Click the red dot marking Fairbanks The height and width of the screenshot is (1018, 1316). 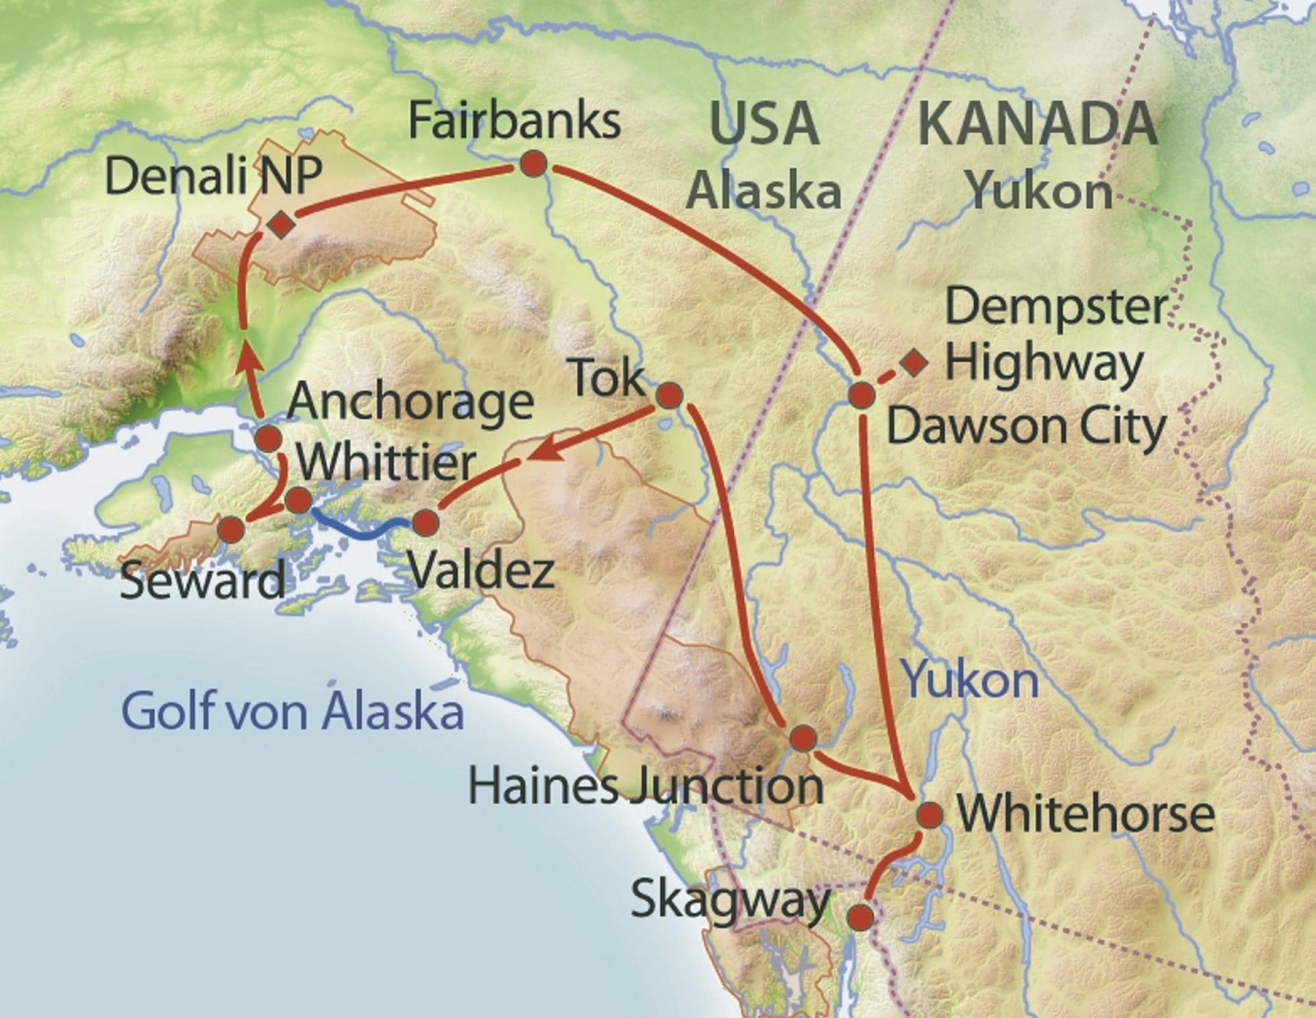533,164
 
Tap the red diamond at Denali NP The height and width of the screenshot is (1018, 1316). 281,224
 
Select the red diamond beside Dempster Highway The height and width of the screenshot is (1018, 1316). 914,362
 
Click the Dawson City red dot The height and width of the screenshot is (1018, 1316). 862,396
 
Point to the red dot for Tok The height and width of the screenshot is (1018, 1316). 669,396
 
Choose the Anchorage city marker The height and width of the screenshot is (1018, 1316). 268,438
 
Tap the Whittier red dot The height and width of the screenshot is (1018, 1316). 298,500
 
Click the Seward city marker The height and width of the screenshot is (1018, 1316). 231,529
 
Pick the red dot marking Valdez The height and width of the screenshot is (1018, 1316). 425,523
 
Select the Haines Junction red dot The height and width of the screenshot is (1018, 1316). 803,738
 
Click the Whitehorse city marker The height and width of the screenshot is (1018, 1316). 930,815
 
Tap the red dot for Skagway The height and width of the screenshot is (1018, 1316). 861,917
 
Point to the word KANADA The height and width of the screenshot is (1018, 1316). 1037,124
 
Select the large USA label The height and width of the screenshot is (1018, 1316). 764,124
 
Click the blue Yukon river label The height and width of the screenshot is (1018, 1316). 971,679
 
